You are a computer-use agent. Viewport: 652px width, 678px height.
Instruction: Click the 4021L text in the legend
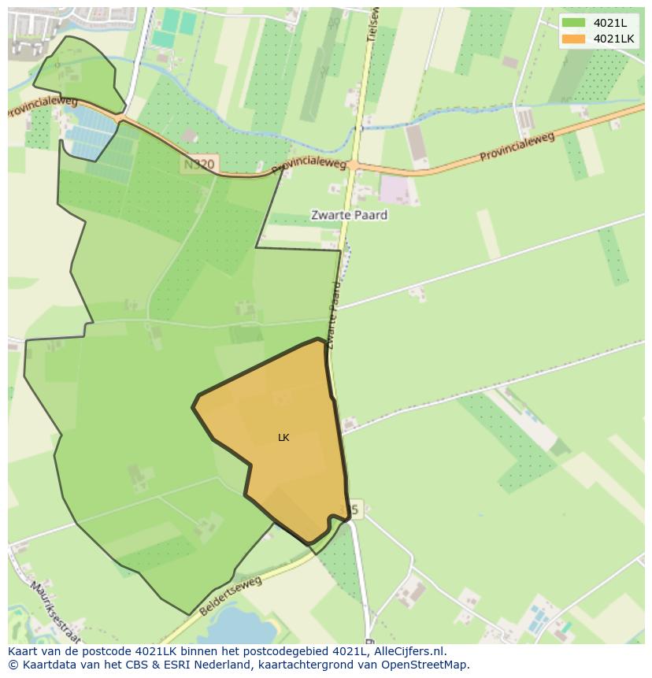[610, 23]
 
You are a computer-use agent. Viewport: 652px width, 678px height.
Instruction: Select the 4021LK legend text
[614, 39]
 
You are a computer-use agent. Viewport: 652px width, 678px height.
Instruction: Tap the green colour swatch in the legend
[574, 23]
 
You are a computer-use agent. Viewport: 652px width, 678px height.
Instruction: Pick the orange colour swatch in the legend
[574, 39]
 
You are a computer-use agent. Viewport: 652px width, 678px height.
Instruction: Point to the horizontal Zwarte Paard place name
[349, 214]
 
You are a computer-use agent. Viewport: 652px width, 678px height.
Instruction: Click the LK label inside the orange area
[283, 438]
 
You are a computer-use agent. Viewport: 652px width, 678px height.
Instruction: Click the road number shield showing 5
[354, 509]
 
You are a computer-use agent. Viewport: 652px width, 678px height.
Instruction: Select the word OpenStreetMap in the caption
[427, 665]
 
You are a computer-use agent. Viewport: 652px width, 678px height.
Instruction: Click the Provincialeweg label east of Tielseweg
[517, 147]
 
